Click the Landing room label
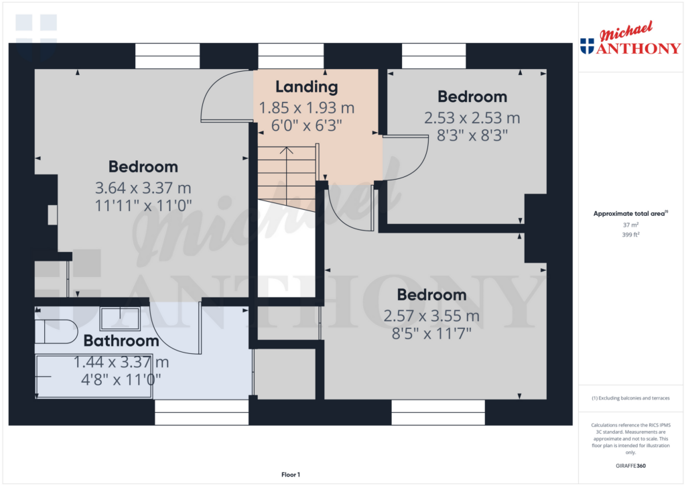click(x=306, y=86)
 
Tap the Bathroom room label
click(x=121, y=341)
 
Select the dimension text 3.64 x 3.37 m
click(x=143, y=188)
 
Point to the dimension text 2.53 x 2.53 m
click(x=472, y=118)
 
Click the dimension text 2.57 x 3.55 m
click(x=431, y=316)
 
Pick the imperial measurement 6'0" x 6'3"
click(x=306, y=125)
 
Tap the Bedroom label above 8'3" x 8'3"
click(x=472, y=97)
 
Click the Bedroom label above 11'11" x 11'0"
click(x=143, y=167)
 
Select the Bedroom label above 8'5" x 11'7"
click(x=431, y=295)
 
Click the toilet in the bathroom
click(x=56, y=330)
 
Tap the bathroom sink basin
click(x=120, y=318)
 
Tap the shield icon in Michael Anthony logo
click(x=587, y=46)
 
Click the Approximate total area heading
click(x=628, y=214)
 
